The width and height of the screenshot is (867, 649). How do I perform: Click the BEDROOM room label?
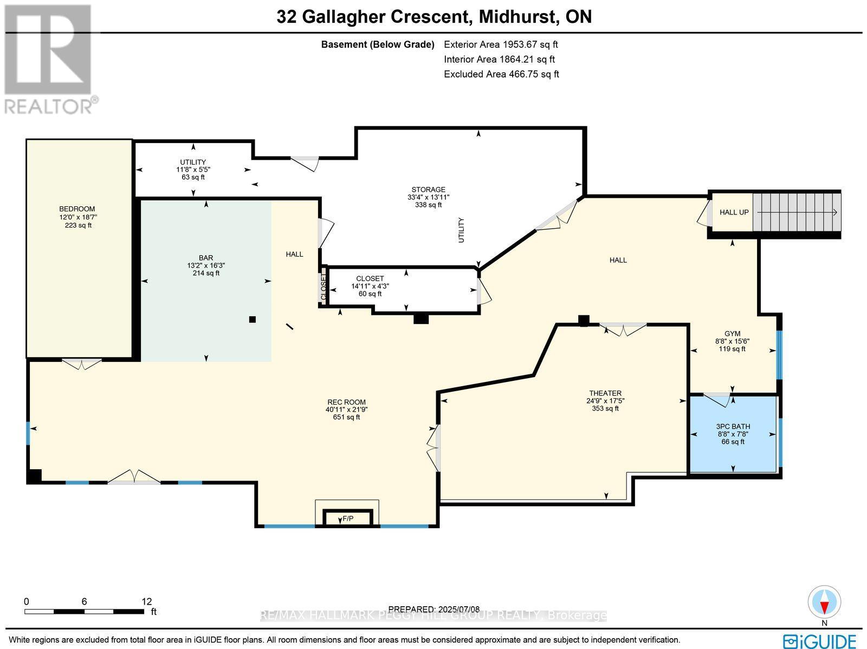click(77, 209)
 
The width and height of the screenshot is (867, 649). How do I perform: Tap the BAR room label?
click(206, 258)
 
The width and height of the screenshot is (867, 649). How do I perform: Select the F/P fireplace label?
click(348, 519)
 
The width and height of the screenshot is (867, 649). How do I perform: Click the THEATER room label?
click(605, 393)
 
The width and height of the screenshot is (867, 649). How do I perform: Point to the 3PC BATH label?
click(733, 426)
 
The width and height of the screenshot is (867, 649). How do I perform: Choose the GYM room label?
click(733, 334)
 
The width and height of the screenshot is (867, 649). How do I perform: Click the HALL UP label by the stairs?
click(734, 212)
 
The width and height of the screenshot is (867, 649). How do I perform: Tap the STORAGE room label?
click(428, 190)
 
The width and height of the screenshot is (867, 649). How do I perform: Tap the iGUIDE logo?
click(820, 640)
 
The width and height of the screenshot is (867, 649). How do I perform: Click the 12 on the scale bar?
click(147, 601)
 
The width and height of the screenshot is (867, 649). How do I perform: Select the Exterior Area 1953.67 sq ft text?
click(501, 44)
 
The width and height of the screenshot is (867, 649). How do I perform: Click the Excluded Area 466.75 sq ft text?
click(501, 74)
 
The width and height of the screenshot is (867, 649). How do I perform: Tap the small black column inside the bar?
click(252, 320)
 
